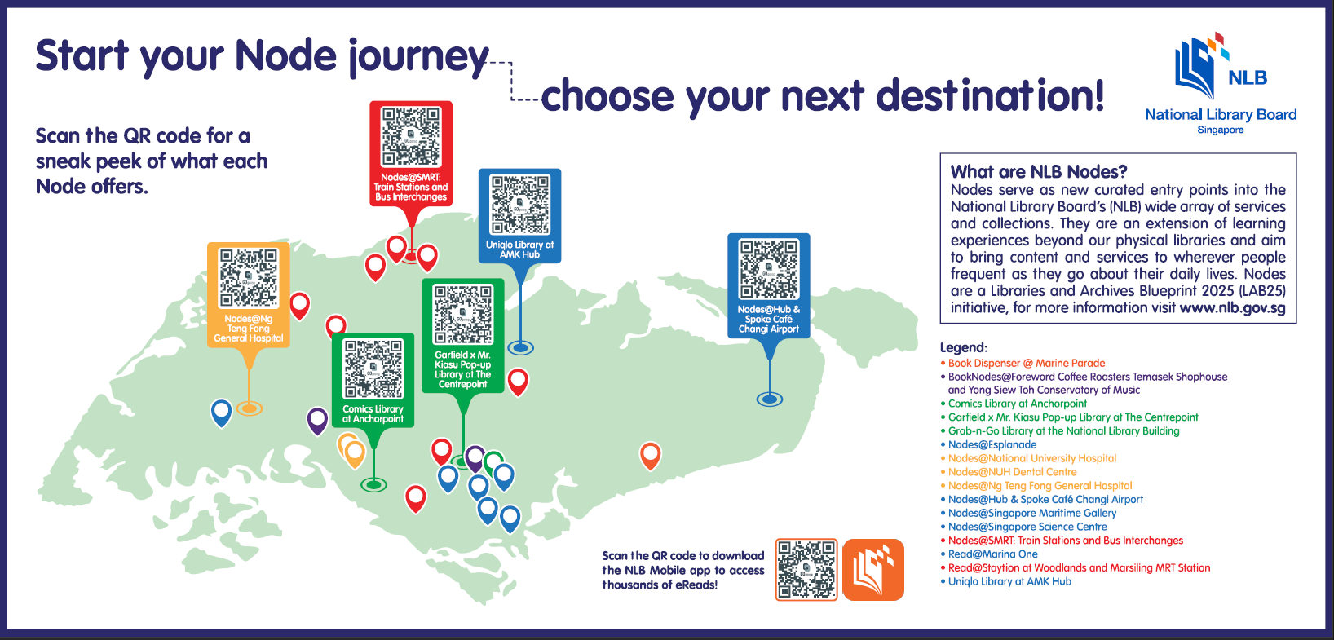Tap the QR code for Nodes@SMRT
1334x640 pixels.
click(411, 136)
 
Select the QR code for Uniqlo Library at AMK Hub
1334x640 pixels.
click(520, 204)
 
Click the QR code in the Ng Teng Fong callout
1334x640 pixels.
click(249, 278)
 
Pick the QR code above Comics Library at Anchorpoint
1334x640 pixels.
click(373, 369)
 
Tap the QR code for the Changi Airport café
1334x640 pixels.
click(769, 268)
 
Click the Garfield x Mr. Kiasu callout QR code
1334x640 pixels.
click(462, 315)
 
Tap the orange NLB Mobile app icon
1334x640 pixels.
click(873, 570)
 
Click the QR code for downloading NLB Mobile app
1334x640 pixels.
click(806, 570)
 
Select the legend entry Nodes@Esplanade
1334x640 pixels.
click(992, 444)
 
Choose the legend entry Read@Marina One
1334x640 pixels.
click(993, 554)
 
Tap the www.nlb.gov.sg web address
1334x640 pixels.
click(1232, 308)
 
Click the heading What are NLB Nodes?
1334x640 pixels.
click(1039, 172)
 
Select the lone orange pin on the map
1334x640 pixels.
click(651, 456)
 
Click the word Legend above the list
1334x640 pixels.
click(963, 347)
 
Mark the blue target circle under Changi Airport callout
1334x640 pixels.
click(770, 399)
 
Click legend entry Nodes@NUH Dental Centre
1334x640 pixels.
click(1013, 472)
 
